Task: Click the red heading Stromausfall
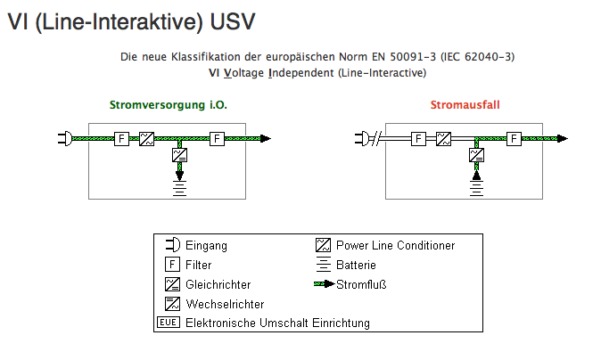(x=465, y=105)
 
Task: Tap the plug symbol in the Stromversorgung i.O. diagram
(x=64, y=138)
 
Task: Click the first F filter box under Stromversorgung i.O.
(x=122, y=138)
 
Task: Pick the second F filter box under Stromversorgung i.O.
(x=217, y=138)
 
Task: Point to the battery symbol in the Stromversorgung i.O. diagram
(x=179, y=188)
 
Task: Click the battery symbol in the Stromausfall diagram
(x=477, y=188)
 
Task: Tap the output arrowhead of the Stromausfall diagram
(x=561, y=138)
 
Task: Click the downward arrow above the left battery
(x=179, y=174)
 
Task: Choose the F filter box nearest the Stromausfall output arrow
(x=514, y=138)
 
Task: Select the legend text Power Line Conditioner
(x=395, y=245)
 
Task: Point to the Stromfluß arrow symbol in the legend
(x=324, y=284)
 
